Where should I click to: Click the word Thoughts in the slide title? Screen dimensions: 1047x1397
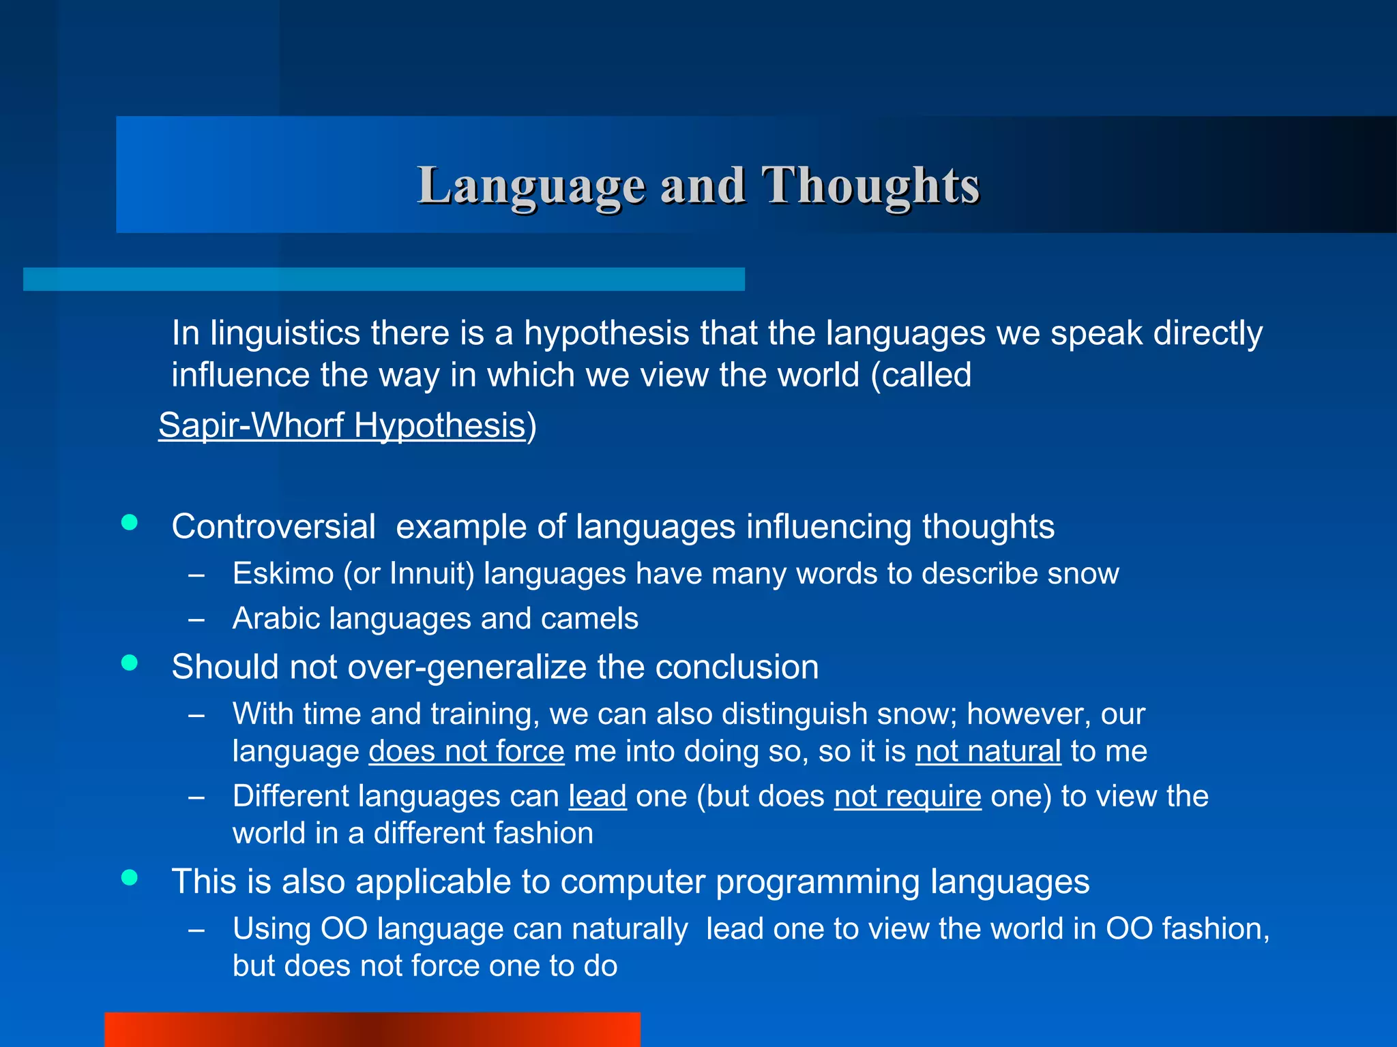tap(870, 185)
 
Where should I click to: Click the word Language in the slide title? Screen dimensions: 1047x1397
tap(531, 185)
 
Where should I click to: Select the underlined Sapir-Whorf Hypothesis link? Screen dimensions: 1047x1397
tap(342, 425)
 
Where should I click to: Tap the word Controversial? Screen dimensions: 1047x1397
tap(274, 527)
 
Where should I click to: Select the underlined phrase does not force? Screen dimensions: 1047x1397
tap(467, 751)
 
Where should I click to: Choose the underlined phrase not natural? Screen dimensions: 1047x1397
tap(988, 751)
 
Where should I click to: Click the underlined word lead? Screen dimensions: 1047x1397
tap(598, 796)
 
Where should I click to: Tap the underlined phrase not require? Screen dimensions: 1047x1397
tap(907, 796)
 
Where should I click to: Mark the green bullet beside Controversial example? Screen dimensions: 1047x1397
tap(130, 523)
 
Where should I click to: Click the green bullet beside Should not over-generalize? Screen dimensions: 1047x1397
tap(130, 663)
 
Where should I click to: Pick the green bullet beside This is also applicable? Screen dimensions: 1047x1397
tap(130, 877)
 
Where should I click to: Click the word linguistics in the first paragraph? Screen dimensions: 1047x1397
tap(285, 333)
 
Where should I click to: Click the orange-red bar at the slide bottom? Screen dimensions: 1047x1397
tap(372, 1029)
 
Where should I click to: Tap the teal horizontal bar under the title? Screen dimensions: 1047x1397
tap(383, 279)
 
